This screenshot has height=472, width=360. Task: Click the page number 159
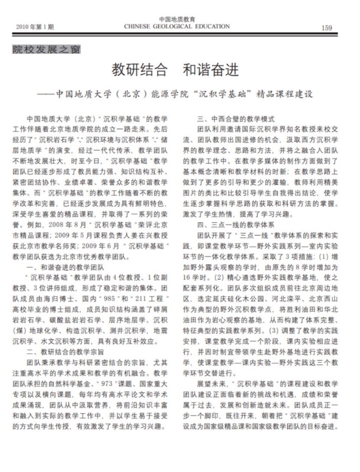(327, 28)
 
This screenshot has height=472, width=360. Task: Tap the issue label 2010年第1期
(35, 27)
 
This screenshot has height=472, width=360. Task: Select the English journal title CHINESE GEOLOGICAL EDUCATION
(176, 26)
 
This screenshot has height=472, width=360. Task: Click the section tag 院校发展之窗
(46, 49)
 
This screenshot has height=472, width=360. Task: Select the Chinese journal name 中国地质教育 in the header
(177, 19)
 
